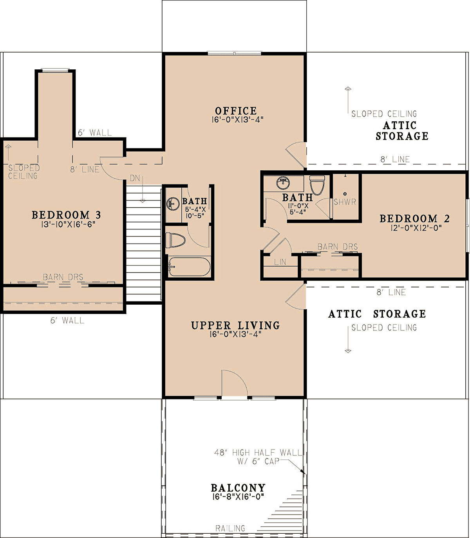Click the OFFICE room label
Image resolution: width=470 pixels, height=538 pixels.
click(236, 110)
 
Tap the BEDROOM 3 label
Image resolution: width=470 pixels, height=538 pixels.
click(66, 215)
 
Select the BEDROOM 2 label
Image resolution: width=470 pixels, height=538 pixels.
click(414, 218)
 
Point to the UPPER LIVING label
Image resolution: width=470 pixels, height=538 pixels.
click(236, 325)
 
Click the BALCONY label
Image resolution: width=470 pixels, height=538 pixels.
click(238, 488)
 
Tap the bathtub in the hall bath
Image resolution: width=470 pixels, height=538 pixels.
click(189, 267)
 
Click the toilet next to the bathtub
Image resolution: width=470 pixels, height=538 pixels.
click(175, 240)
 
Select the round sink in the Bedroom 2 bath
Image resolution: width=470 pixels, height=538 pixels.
click(283, 182)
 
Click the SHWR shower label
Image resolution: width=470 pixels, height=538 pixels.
click(345, 202)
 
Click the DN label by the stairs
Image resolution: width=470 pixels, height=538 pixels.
click(135, 178)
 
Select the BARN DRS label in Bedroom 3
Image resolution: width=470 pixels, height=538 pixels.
click(63, 277)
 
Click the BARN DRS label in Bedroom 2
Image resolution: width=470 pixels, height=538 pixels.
click(338, 247)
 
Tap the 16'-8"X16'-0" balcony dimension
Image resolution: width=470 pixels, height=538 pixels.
click(238, 497)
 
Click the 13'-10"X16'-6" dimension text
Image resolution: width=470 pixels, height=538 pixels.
click(67, 224)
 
